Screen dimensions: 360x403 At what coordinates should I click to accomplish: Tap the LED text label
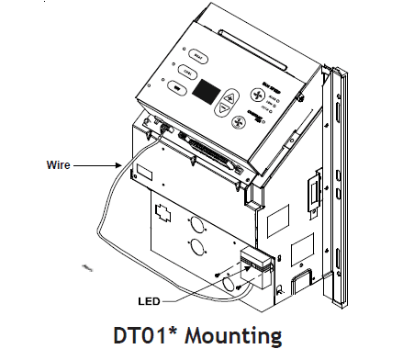(151, 300)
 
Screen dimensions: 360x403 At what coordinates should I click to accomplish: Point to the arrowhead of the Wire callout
(120, 166)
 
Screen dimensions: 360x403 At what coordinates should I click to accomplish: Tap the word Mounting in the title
(244, 333)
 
